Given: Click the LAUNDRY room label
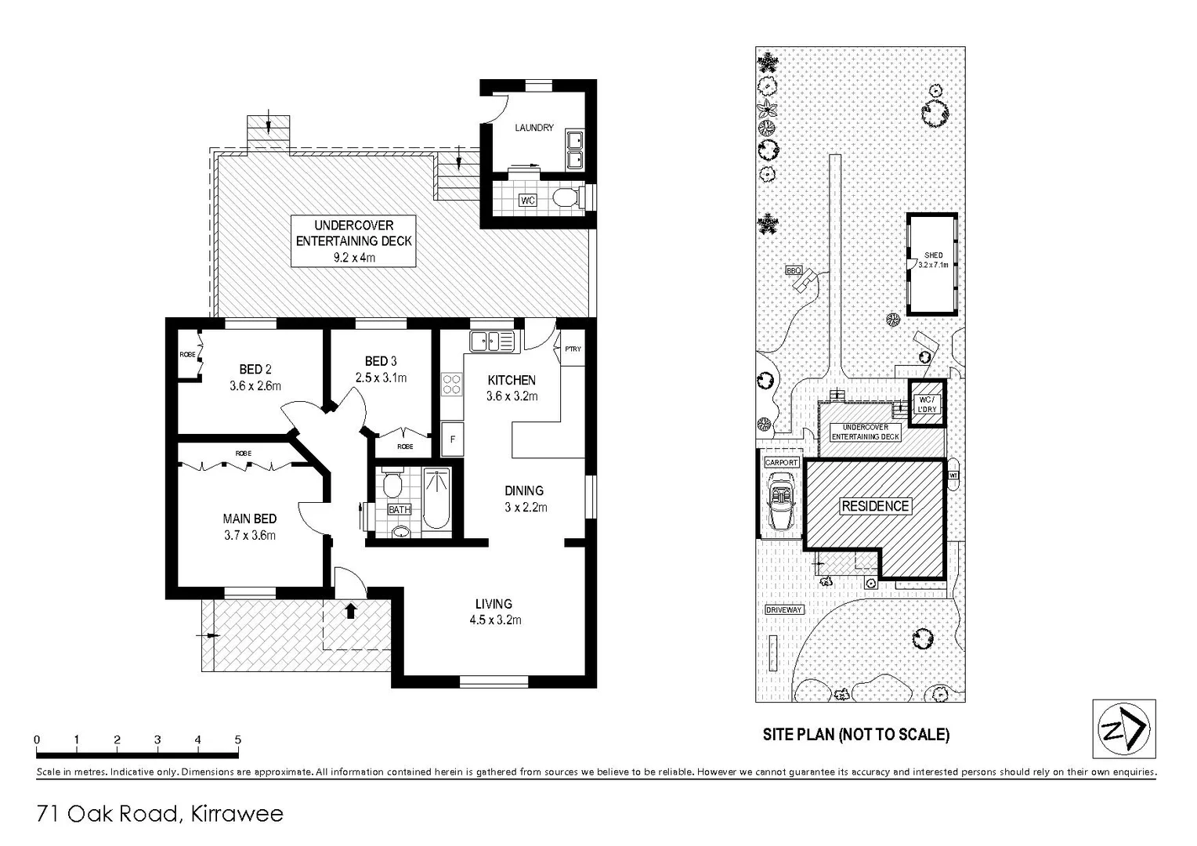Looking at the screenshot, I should [533, 128].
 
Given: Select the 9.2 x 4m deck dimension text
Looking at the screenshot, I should [353, 257].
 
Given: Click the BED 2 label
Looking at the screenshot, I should [255, 369].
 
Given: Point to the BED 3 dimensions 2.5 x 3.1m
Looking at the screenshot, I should [381, 378].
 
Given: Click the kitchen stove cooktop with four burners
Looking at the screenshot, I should [452, 384].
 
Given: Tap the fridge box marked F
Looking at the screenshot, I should [452, 439].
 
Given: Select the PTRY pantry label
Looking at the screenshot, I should [573, 349].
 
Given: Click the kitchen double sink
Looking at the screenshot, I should [492, 342].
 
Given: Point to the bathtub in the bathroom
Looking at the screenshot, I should [436, 499].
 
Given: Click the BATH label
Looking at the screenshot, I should [400, 510].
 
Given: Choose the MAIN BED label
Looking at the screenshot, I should [249, 519].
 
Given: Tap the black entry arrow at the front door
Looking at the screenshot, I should [350, 610].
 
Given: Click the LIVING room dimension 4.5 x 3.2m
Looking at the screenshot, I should [495, 620].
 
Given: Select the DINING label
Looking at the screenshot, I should [524, 490].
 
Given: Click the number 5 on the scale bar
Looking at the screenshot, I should [237, 739].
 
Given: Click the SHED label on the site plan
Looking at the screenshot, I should [933, 255].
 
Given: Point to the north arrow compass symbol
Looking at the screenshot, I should [1124, 729].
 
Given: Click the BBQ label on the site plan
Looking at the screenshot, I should [794, 270].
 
